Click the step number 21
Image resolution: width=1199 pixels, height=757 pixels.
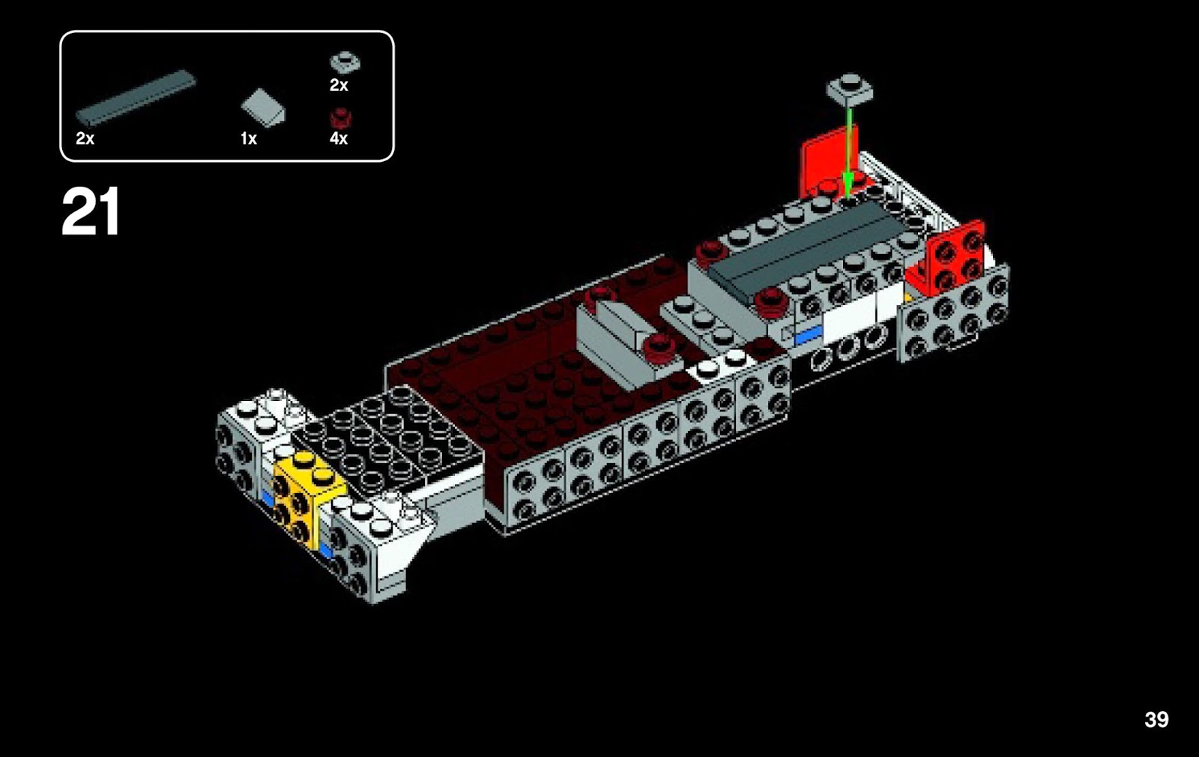pos(91,213)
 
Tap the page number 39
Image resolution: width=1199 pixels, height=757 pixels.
pos(1156,720)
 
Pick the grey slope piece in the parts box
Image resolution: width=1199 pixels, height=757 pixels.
pos(263,108)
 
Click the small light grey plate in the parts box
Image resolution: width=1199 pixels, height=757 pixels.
pos(345,61)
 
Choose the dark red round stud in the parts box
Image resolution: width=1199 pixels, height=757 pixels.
pos(341,117)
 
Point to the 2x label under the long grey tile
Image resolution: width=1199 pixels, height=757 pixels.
pos(85,139)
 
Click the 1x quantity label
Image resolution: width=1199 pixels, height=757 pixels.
pos(249,139)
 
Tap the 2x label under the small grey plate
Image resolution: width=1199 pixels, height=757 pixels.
pos(339,85)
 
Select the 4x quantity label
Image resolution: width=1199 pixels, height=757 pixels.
pos(339,139)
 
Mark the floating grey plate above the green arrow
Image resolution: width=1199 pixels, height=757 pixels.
pos(850,89)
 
